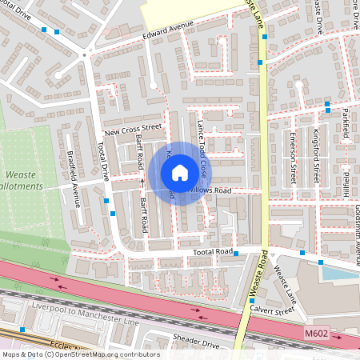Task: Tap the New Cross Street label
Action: [x=133, y=128]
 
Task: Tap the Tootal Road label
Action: [x=212, y=252]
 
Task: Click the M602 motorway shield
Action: [x=316, y=330]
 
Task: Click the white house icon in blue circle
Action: [x=180, y=173]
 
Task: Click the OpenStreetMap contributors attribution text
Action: [x=81, y=354]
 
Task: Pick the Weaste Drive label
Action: [x=318, y=16]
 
